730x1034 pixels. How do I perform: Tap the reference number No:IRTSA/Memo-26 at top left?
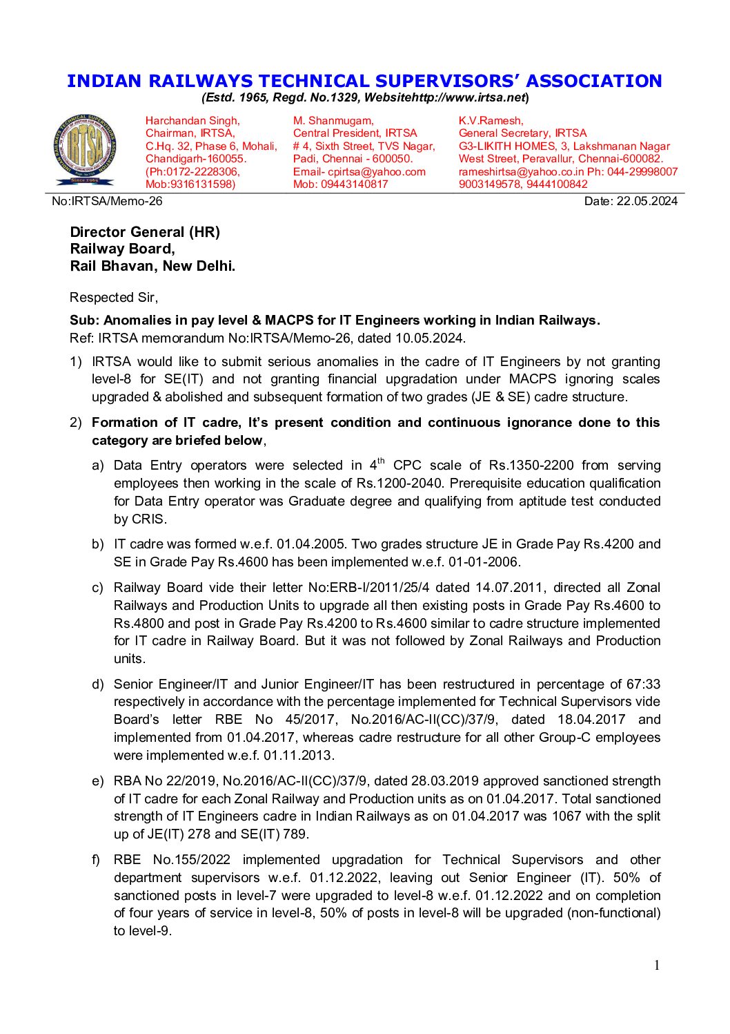[107, 201]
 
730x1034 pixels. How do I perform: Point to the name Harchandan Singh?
[192, 121]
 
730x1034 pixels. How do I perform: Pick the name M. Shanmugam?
[333, 121]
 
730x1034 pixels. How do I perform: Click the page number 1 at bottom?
[657, 965]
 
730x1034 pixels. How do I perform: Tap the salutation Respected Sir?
[113, 298]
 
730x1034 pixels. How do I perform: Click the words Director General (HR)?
[145, 232]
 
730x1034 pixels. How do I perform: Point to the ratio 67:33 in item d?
[643, 684]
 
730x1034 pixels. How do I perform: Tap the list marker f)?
[96, 860]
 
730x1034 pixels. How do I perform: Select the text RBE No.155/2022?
[172, 860]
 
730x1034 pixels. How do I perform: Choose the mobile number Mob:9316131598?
[190, 184]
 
